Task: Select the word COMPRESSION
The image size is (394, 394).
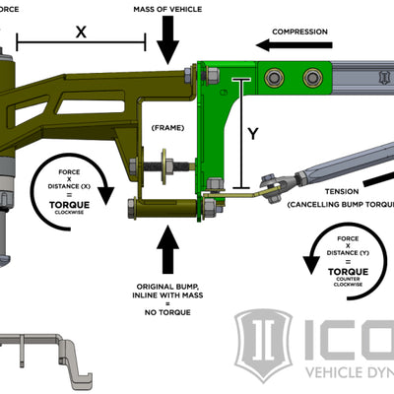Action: tap(301, 32)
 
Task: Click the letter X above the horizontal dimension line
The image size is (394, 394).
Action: tap(81, 31)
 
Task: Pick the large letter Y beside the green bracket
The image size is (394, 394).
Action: tap(253, 134)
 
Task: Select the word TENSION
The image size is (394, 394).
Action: tap(312, 192)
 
